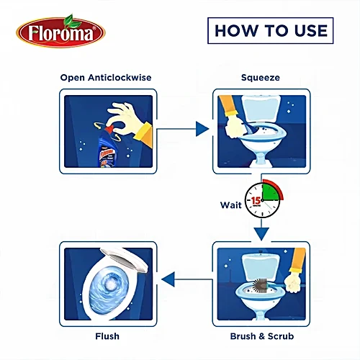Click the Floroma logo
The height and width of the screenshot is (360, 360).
tap(60, 31)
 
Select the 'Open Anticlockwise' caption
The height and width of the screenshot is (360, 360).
tap(106, 78)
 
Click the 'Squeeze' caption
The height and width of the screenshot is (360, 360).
tap(261, 78)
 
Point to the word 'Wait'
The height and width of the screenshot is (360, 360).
tap(231, 205)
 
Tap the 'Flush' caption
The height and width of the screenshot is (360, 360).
tap(107, 336)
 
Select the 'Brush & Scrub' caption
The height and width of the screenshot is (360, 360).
tap(262, 336)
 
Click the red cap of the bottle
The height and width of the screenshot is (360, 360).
tap(109, 129)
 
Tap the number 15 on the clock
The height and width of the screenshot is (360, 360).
tap(256, 200)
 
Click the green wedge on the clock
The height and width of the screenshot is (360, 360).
tap(270, 192)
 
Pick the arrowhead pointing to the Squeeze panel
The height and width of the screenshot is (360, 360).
tap(202, 129)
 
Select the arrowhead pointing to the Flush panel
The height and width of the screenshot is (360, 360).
tap(168, 279)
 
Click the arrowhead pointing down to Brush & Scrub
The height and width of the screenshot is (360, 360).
tap(261, 233)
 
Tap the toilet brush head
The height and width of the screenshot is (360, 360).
tap(259, 286)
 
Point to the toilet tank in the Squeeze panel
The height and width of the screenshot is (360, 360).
tap(261, 109)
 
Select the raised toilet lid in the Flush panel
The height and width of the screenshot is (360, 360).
tap(125, 261)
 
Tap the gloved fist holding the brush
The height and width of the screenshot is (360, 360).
tap(292, 284)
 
